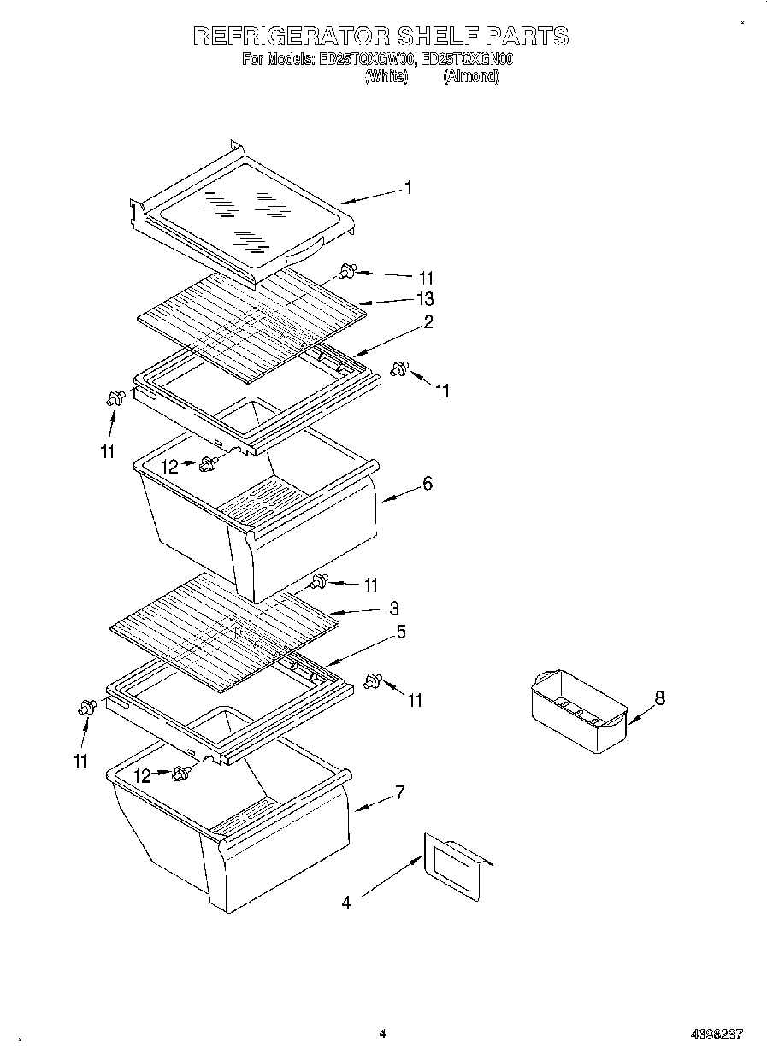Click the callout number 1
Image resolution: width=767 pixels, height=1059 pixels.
409,187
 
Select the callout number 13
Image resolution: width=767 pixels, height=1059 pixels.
424,298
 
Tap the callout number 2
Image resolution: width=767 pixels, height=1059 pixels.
428,321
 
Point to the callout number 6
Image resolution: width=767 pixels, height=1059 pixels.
428,484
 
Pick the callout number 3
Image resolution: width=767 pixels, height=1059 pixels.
393,609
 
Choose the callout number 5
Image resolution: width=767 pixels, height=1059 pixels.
400,632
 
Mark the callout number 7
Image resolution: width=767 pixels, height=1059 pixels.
398,792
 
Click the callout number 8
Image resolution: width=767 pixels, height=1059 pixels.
659,698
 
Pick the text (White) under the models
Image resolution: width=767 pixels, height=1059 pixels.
386,77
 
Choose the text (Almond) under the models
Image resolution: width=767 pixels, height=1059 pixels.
470,77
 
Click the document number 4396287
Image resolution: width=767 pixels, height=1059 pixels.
716,1034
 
